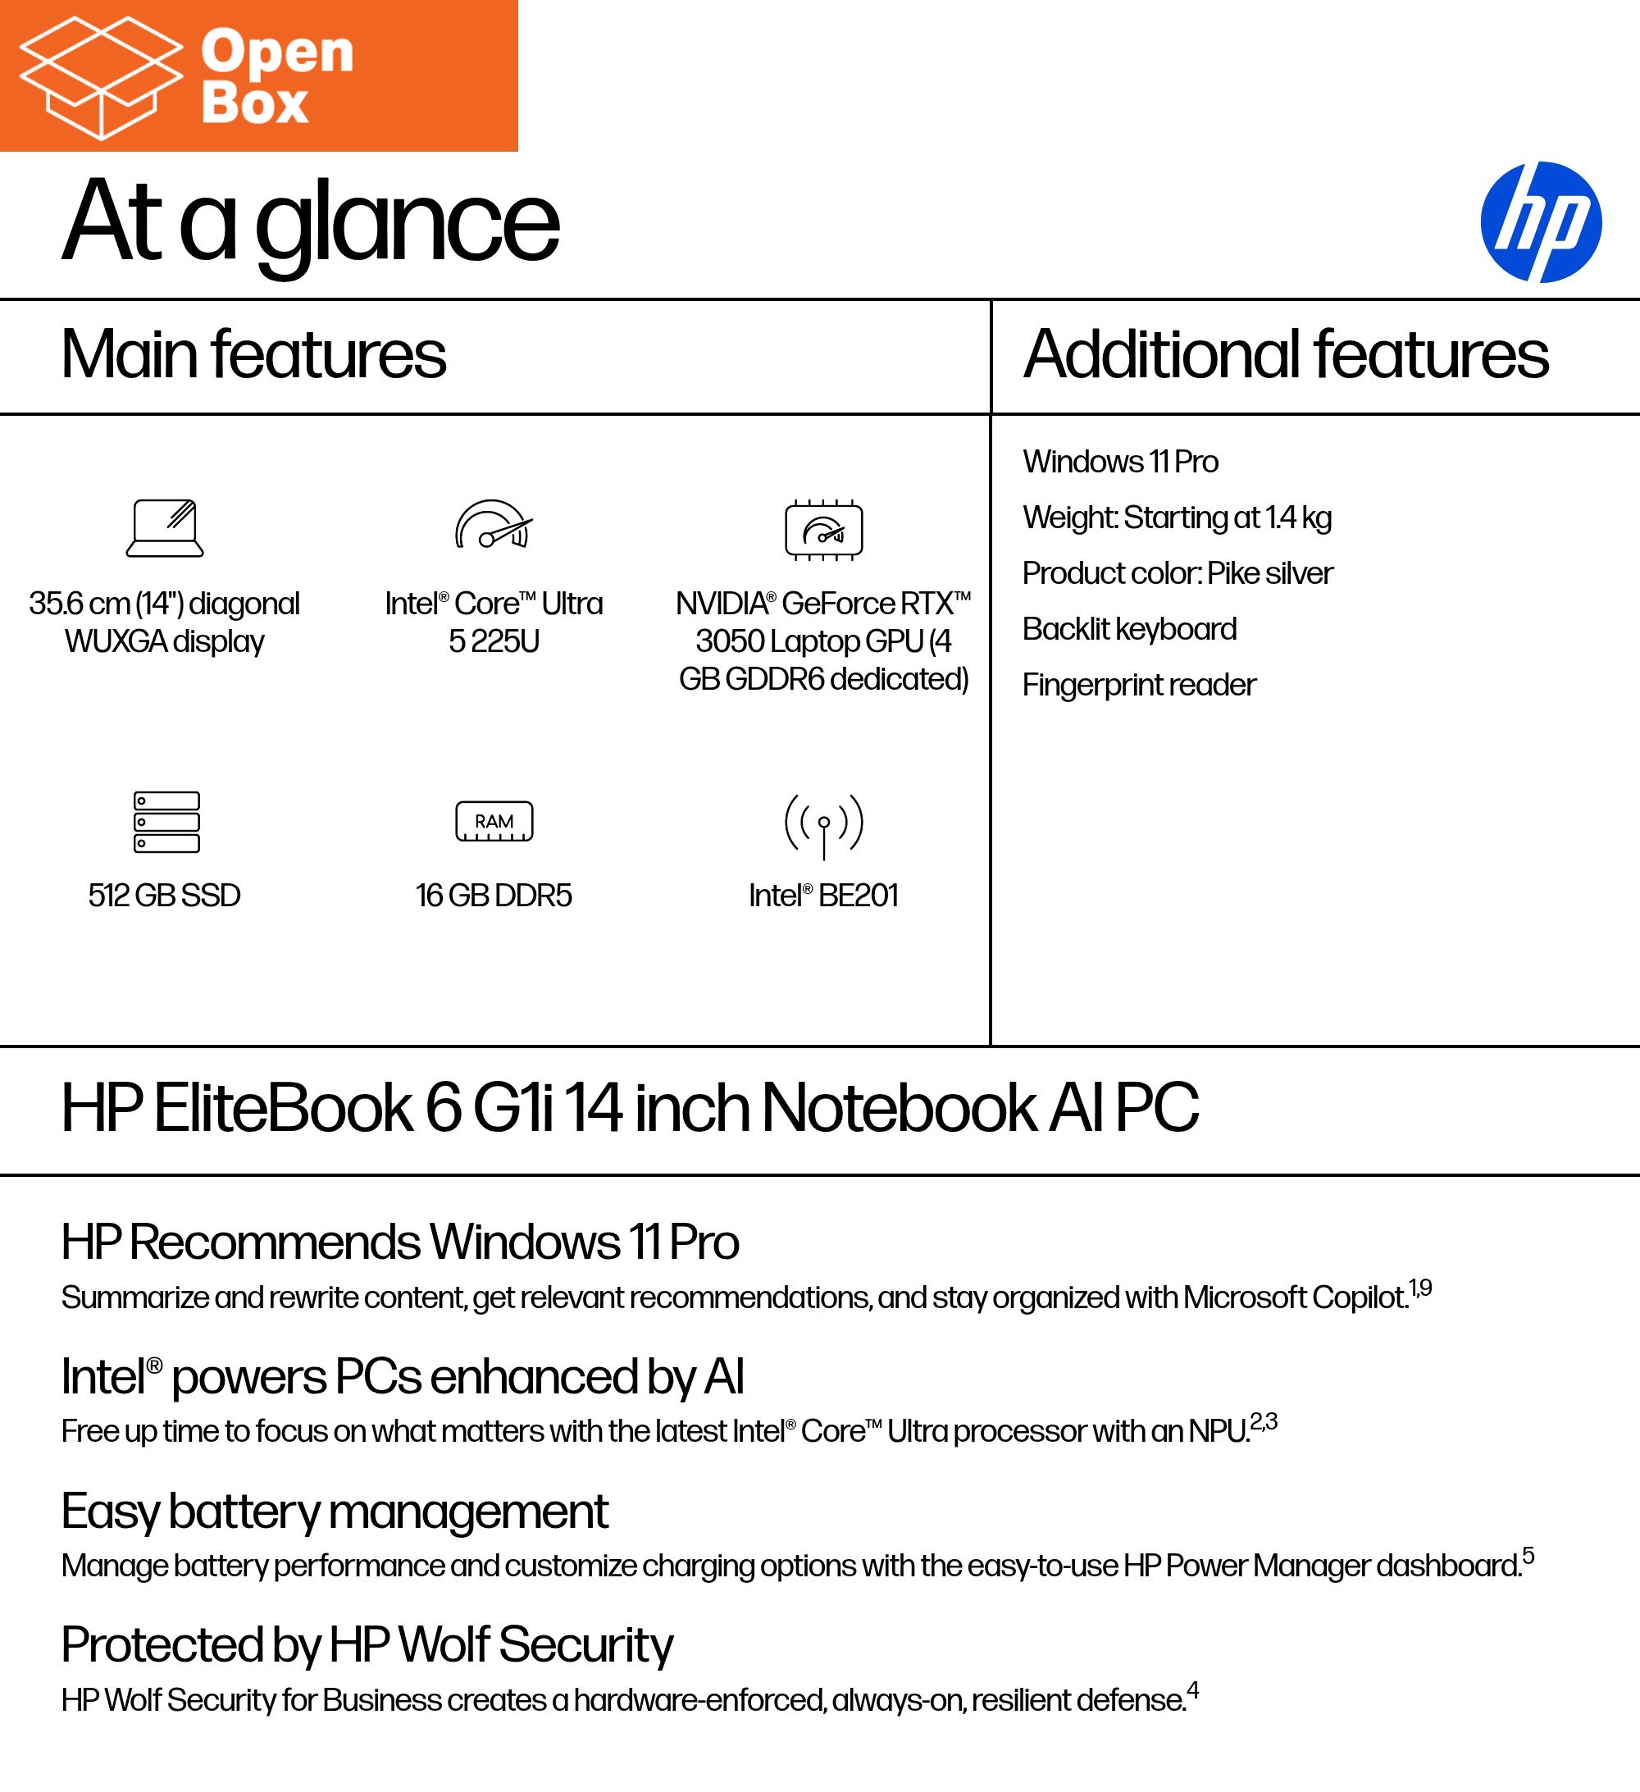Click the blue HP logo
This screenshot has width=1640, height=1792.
pyautogui.click(x=1541, y=222)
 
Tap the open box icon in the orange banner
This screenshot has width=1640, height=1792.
pyautogui.click(x=99, y=77)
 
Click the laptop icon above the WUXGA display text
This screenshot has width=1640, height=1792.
pyautogui.click(x=165, y=528)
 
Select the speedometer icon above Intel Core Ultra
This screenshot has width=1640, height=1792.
pyautogui.click(x=494, y=526)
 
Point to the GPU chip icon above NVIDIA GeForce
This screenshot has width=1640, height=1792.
pyautogui.click(x=823, y=530)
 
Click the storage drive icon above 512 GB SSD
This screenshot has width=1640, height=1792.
pyautogui.click(x=166, y=821)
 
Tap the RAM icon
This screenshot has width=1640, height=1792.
pyautogui.click(x=494, y=821)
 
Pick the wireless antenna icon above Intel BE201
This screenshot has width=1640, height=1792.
pyautogui.click(x=823, y=824)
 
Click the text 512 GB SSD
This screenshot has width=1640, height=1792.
pyautogui.click(x=165, y=895)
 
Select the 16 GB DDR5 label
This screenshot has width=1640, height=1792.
pyautogui.click(x=494, y=895)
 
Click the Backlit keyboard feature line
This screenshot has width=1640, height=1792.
pyautogui.click(x=1129, y=629)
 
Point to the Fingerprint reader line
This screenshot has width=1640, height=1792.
pyautogui.click(x=1139, y=686)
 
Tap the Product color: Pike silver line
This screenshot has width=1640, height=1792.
pyautogui.click(x=1177, y=573)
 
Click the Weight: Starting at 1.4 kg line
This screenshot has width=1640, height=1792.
pyautogui.click(x=1176, y=518)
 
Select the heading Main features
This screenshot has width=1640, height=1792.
pyautogui.click(x=253, y=354)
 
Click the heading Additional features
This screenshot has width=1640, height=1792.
pyautogui.click(x=1285, y=354)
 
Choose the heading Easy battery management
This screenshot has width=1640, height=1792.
pyautogui.click(x=335, y=1512)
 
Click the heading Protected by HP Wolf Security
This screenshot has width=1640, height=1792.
pyautogui.click(x=367, y=1645)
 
